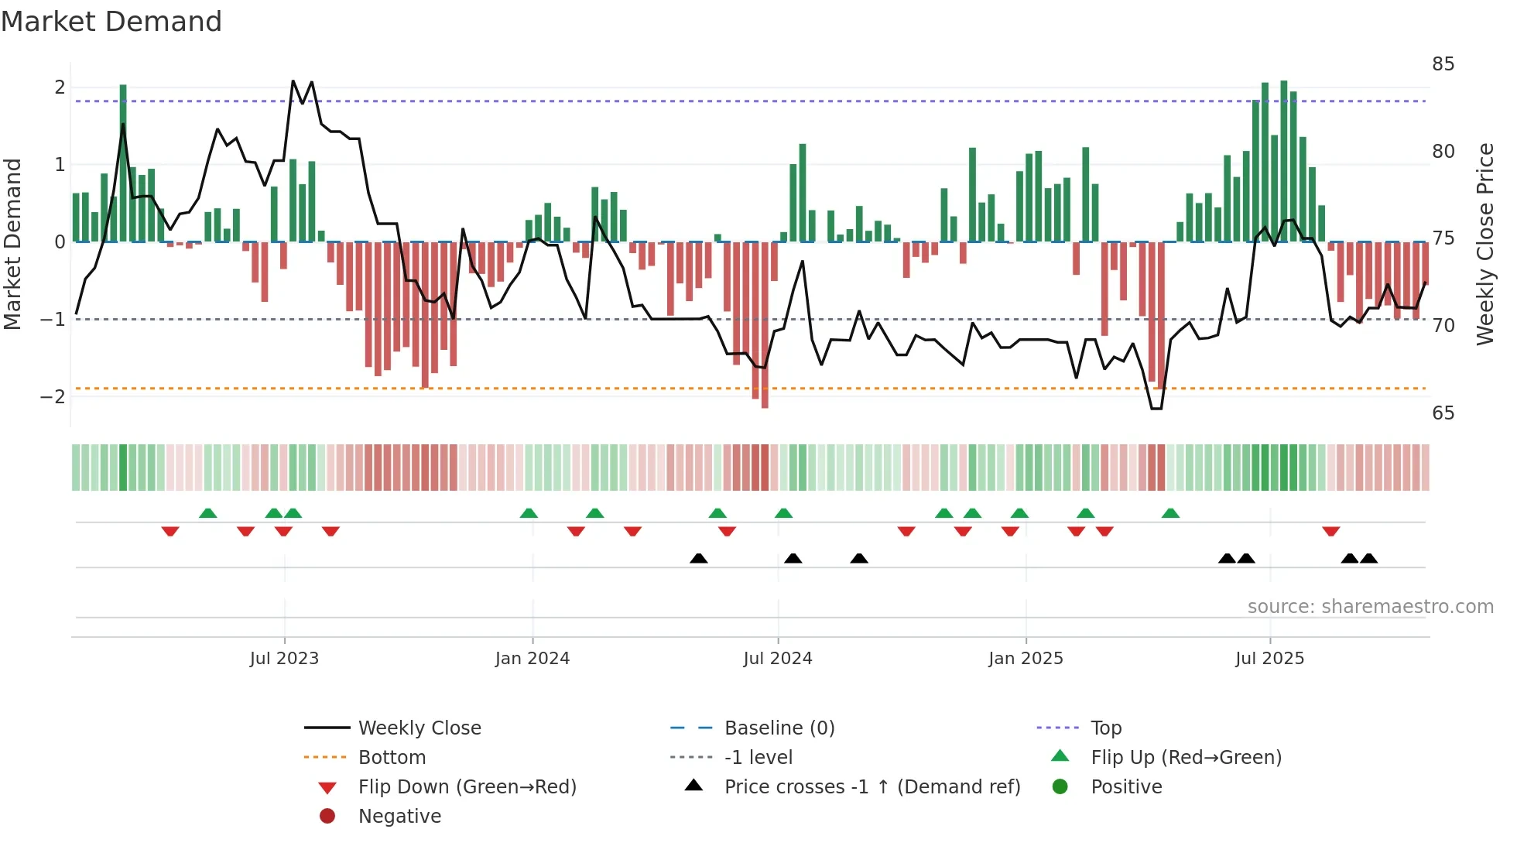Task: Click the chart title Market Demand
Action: [111, 22]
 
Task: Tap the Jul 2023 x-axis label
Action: [284, 659]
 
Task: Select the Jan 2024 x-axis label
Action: [532, 659]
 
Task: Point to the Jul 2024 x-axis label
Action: [778, 659]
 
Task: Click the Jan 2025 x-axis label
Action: [1026, 659]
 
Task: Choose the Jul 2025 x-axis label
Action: [1269, 659]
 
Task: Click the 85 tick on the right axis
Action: [1443, 64]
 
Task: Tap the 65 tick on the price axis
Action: [1443, 413]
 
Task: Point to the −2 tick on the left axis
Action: [53, 397]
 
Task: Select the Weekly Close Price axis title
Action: [1484, 244]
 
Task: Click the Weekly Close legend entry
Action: [419, 728]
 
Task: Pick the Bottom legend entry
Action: [392, 758]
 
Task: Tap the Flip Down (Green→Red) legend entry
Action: [467, 787]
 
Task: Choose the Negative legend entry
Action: [399, 817]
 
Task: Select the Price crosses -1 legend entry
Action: [872, 787]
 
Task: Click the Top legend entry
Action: [1106, 728]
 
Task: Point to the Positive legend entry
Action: [1126, 787]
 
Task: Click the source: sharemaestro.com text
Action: [1370, 607]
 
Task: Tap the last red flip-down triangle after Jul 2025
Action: [1331, 532]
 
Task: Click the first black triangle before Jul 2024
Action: [699, 558]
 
